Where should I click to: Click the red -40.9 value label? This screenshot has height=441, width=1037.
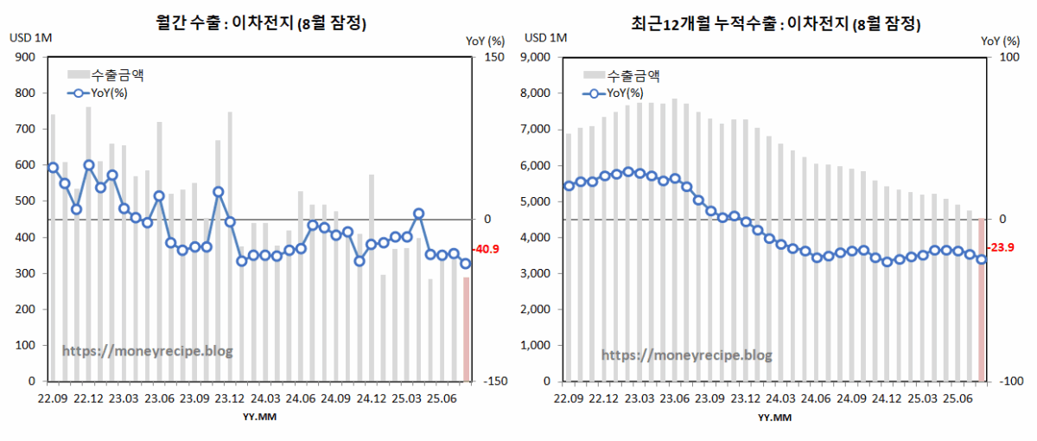(488, 250)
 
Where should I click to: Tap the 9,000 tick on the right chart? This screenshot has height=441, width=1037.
(539, 57)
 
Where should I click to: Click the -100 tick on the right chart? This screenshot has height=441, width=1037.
(1010, 381)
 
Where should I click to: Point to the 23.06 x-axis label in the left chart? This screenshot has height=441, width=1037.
(159, 399)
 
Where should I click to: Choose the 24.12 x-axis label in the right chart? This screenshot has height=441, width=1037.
(887, 399)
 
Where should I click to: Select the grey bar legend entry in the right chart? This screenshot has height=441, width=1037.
(622, 74)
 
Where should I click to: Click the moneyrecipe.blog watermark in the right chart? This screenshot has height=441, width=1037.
(686, 355)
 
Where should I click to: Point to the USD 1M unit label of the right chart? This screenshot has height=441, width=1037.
(546, 38)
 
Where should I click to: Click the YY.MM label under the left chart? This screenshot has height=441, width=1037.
(258, 418)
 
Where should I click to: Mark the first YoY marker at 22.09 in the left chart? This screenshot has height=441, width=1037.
(53, 168)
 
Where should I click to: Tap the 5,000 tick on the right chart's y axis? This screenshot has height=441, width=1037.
(539, 201)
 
